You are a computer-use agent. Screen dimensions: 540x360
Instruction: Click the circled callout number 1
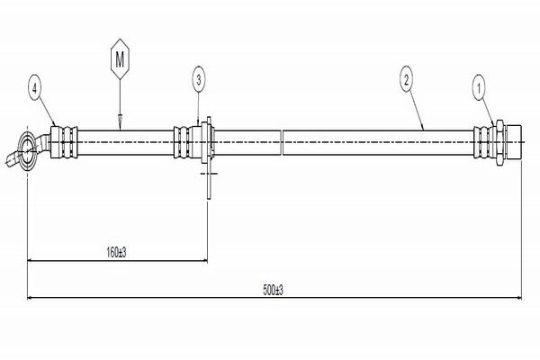click(x=479, y=89)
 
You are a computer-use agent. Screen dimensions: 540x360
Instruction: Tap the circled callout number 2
click(x=407, y=81)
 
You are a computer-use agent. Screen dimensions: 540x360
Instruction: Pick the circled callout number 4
click(x=34, y=89)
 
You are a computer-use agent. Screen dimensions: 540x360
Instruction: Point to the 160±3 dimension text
click(x=116, y=253)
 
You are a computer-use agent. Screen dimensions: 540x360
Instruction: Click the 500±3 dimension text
click(x=273, y=290)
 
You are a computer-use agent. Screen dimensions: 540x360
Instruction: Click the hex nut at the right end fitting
click(x=499, y=142)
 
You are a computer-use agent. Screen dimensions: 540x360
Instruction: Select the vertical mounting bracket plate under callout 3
click(x=209, y=157)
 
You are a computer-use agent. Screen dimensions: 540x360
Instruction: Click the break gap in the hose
click(x=282, y=142)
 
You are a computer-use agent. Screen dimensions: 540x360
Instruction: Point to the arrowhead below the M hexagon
click(x=120, y=120)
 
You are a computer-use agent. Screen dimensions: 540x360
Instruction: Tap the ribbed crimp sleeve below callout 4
click(x=64, y=142)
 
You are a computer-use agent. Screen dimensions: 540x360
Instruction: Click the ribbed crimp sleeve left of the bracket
click(x=182, y=142)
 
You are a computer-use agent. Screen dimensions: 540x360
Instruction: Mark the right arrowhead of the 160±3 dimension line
click(x=203, y=260)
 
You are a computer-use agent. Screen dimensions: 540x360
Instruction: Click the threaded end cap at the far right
click(x=514, y=142)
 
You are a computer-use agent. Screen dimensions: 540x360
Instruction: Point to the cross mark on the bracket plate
click(x=209, y=173)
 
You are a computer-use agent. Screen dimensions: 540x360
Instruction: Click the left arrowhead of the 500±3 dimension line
click(x=31, y=298)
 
